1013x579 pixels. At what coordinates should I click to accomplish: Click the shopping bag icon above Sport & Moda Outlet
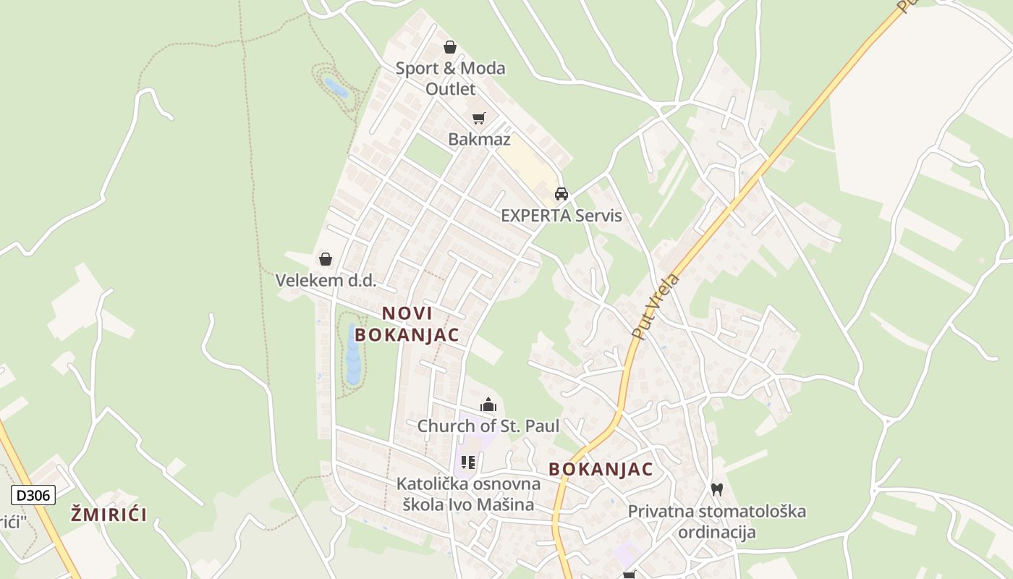(x=450, y=48)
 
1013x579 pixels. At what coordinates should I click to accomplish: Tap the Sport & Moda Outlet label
(x=450, y=78)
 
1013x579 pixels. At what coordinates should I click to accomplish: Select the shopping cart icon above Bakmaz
(x=478, y=118)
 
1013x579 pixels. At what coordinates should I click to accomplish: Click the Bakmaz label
(x=479, y=140)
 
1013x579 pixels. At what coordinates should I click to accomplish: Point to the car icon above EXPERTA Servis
(x=561, y=194)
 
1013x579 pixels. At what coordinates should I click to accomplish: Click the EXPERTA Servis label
(x=561, y=216)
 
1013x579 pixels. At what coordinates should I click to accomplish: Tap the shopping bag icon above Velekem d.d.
(x=326, y=258)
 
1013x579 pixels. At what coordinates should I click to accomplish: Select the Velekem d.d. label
(x=326, y=280)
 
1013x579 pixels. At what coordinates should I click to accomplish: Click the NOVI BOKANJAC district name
(x=407, y=324)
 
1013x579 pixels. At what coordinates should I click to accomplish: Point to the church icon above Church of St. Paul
(x=488, y=405)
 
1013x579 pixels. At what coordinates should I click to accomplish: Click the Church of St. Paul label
(x=488, y=426)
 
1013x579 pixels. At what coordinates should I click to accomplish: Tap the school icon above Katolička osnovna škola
(x=468, y=462)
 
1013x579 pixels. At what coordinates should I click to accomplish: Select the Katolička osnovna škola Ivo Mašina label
(x=468, y=494)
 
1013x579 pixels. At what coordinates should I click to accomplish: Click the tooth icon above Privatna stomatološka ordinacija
(x=717, y=489)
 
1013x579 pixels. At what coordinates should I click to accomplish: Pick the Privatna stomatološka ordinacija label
(x=717, y=522)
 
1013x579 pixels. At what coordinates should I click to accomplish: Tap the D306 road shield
(x=33, y=495)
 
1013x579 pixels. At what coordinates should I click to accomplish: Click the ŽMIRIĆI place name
(x=109, y=515)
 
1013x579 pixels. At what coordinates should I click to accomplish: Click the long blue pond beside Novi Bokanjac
(x=353, y=355)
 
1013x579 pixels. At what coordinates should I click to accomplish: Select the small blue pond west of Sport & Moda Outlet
(x=336, y=88)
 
